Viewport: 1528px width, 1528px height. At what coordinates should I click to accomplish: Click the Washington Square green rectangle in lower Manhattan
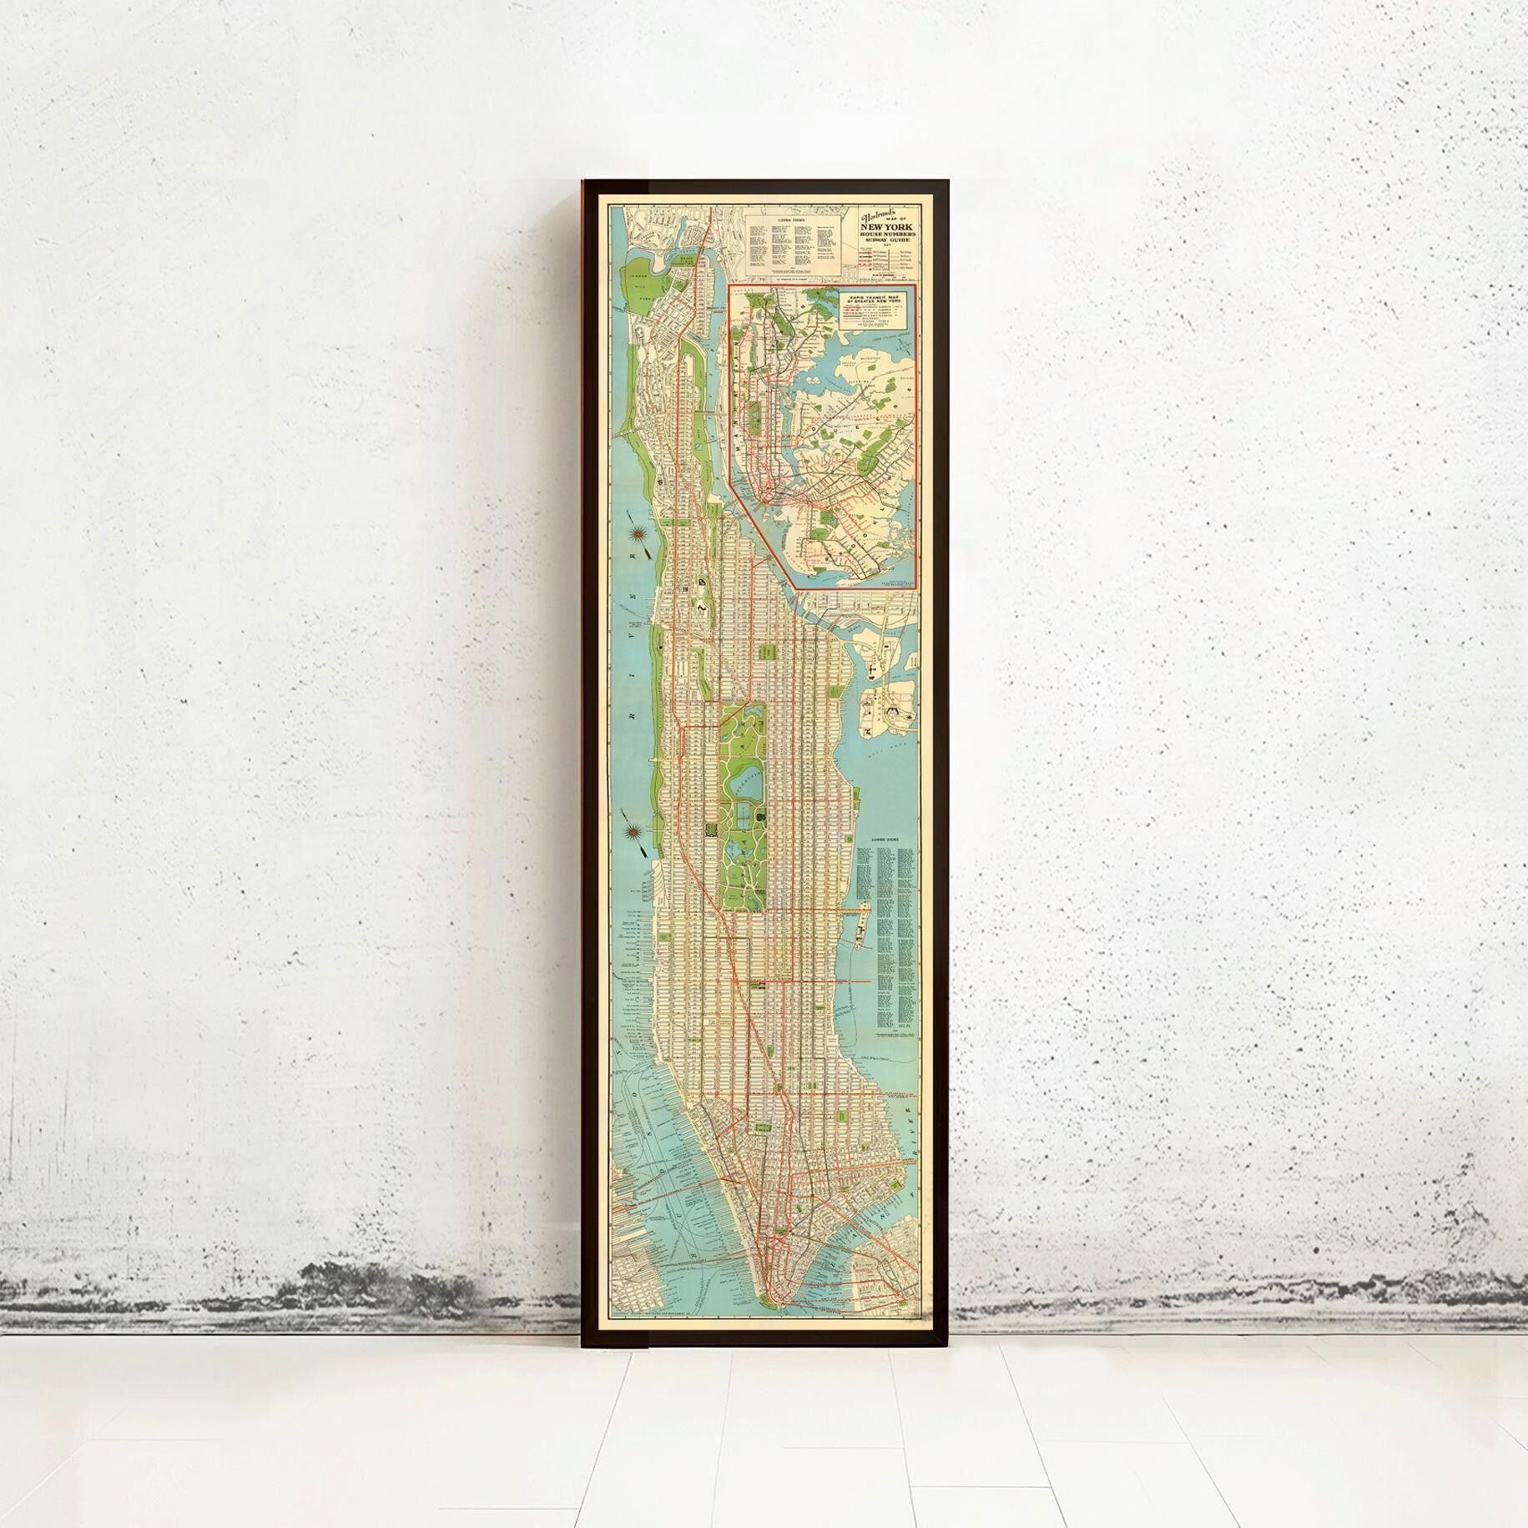point(760,1127)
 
